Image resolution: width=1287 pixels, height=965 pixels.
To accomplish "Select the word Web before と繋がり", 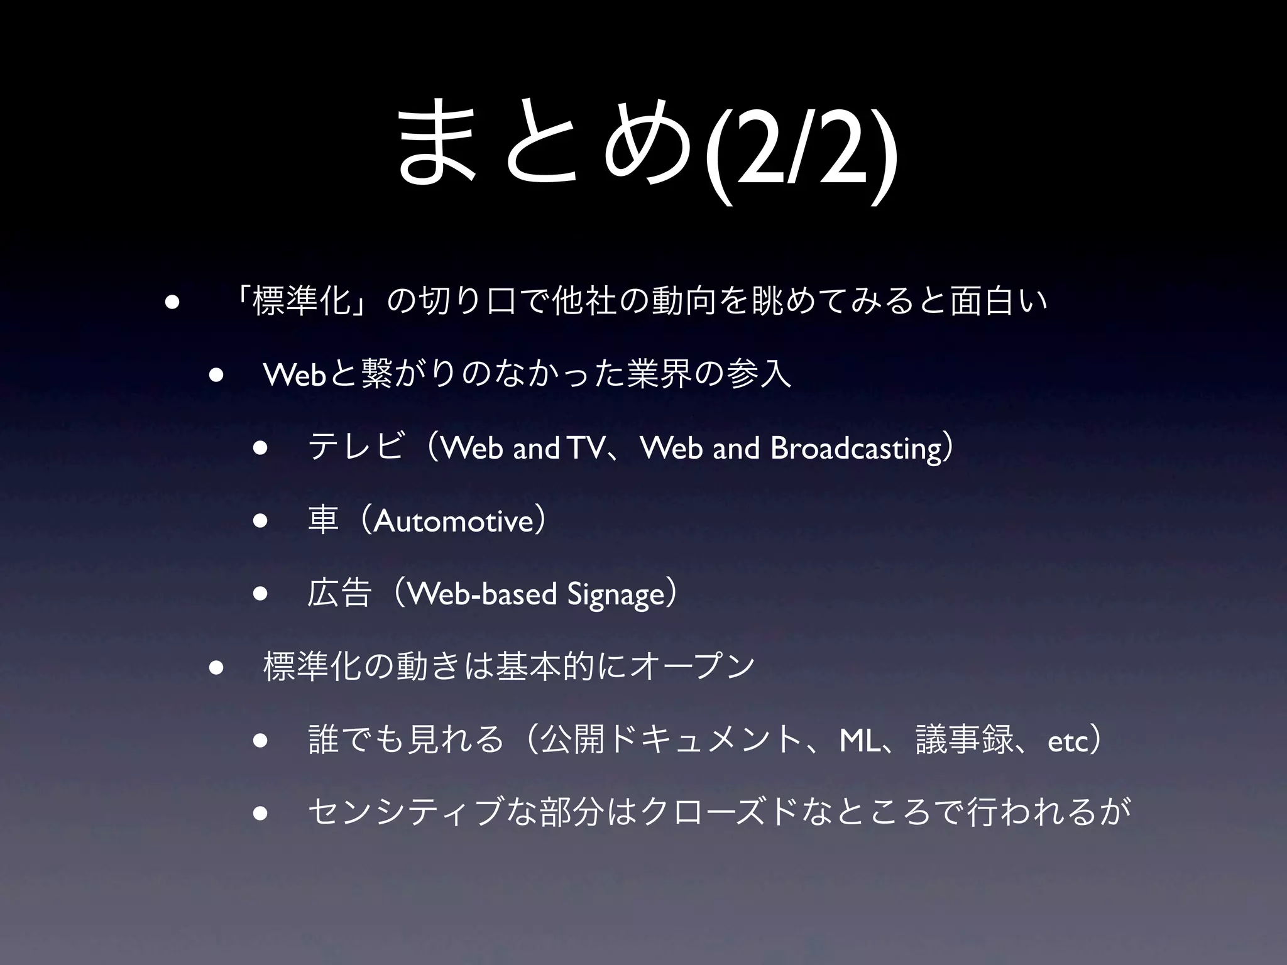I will click(294, 375).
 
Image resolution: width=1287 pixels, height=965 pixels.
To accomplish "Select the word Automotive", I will click(453, 521).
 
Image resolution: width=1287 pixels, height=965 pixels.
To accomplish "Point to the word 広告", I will click(339, 594).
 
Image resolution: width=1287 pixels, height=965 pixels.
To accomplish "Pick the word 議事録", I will click(964, 741).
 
